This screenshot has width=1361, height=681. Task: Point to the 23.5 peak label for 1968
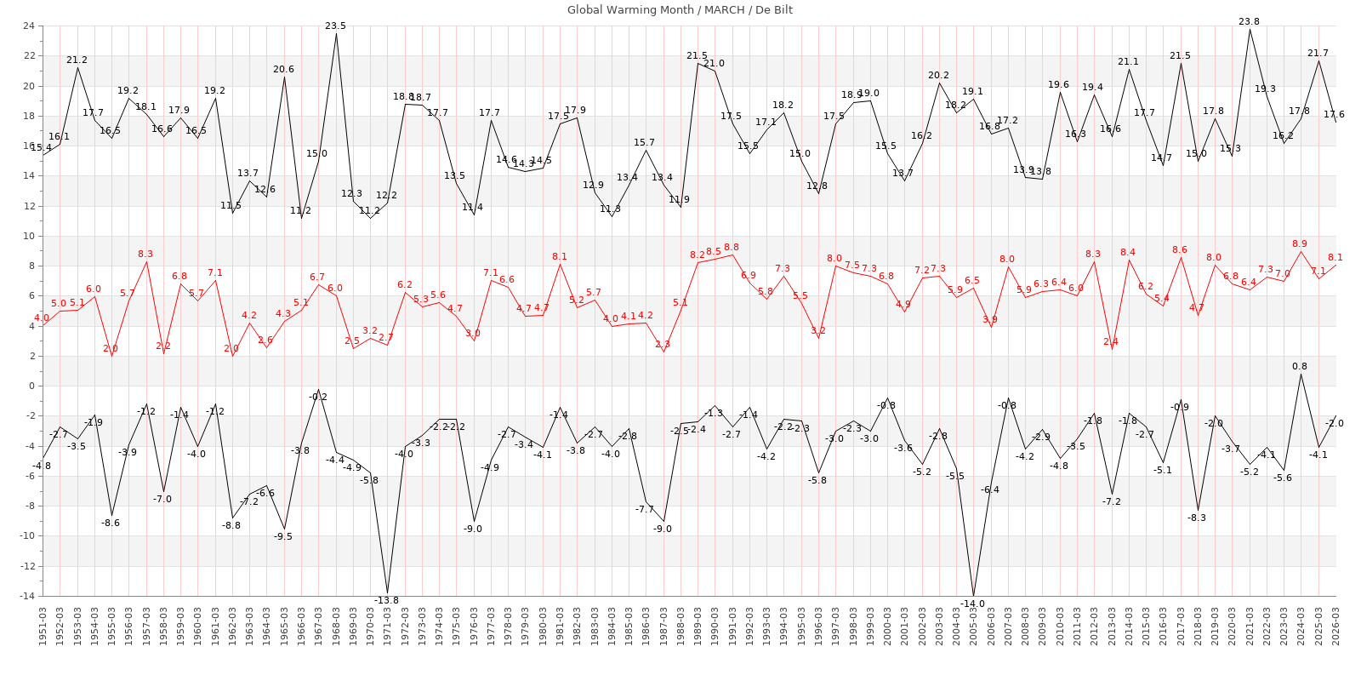(336, 26)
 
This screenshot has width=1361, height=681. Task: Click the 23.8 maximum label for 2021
(1250, 22)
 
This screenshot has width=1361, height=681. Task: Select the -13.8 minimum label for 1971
(386, 600)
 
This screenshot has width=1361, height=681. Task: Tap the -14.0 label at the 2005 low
(972, 604)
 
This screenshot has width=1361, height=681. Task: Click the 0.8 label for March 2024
(1300, 367)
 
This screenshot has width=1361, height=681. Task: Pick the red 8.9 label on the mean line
(1300, 243)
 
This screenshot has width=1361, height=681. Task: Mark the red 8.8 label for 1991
(732, 247)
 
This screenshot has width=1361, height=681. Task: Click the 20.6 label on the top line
(283, 70)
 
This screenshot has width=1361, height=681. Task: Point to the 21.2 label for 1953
(77, 60)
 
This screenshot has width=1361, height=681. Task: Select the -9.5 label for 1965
(283, 536)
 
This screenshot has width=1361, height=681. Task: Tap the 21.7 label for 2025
(1318, 54)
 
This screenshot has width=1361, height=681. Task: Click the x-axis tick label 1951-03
(43, 626)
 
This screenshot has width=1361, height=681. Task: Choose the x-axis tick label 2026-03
(1335, 626)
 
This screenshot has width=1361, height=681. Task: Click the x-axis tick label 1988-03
(680, 626)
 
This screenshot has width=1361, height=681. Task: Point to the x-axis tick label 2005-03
(973, 626)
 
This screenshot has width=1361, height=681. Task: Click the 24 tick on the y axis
(29, 26)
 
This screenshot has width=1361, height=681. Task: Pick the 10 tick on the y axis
(29, 236)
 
